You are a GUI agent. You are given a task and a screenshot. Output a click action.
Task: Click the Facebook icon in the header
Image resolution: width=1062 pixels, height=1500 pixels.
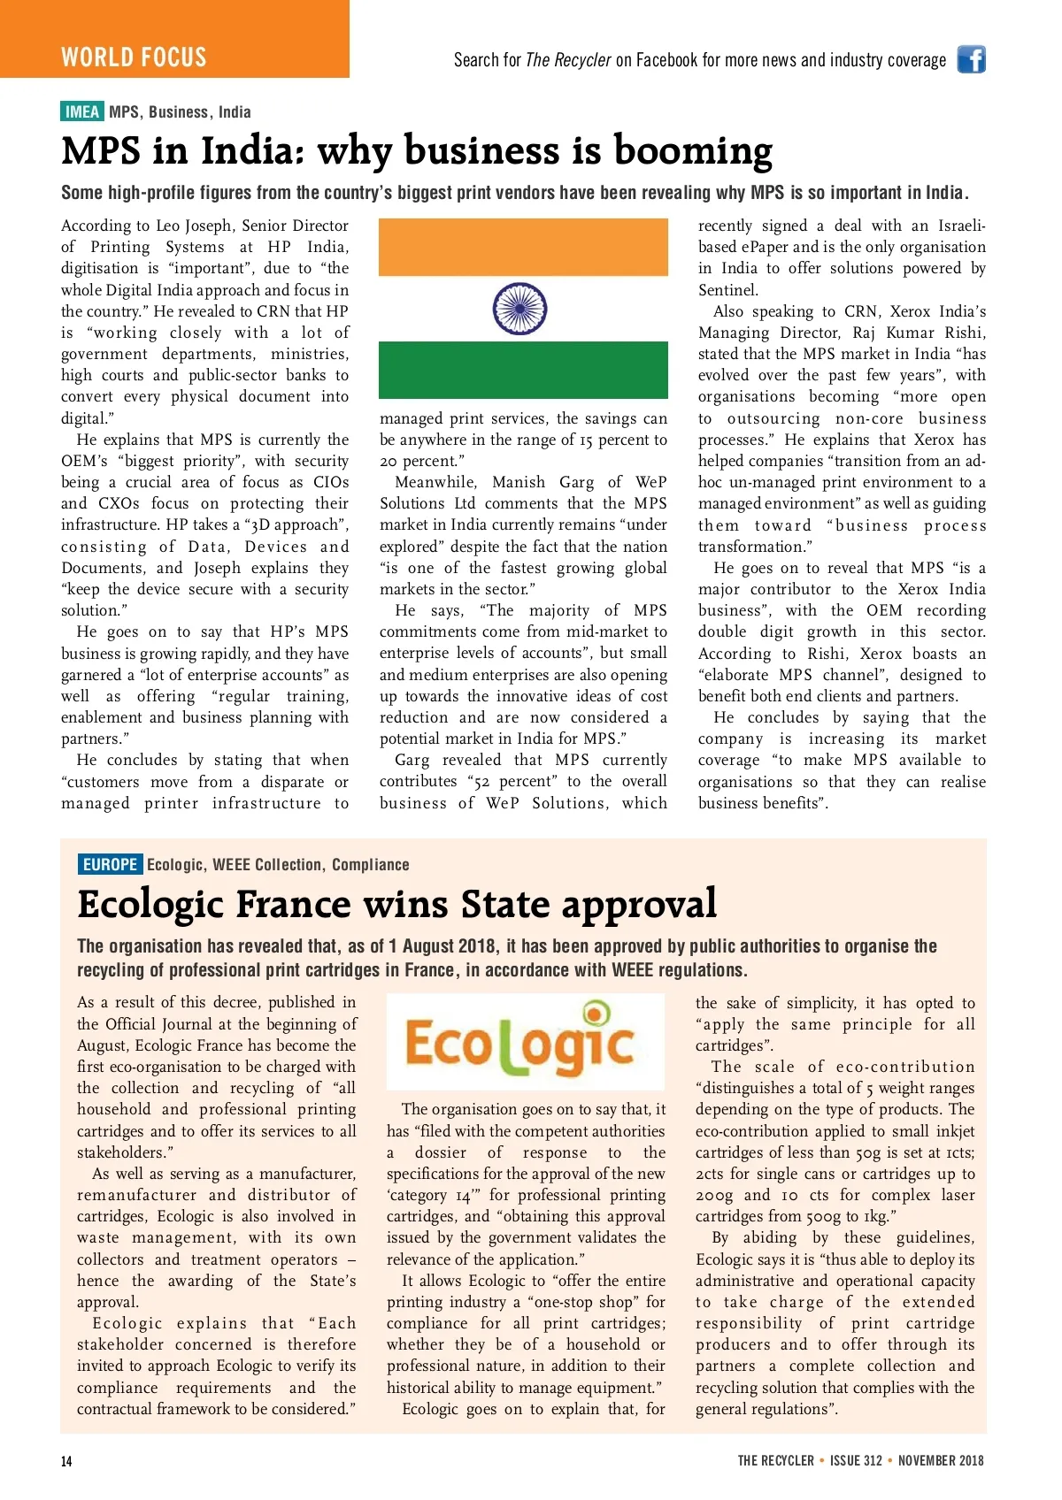(971, 59)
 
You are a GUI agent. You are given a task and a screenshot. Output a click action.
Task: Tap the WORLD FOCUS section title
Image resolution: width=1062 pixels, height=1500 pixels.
(134, 57)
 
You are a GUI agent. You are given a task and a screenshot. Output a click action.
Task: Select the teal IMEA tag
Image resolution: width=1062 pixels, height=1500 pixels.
(82, 111)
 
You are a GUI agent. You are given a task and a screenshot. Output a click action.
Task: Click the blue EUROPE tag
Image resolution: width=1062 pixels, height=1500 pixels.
(110, 864)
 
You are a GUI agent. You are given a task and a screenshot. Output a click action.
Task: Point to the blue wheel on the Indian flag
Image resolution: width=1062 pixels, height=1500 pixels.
(519, 309)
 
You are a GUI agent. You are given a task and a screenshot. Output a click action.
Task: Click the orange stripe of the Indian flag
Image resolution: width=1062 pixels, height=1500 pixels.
(523, 248)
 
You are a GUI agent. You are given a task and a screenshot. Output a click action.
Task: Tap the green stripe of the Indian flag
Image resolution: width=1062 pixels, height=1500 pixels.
(523, 370)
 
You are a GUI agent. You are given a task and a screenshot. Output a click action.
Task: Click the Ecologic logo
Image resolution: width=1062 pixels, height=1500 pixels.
(525, 1042)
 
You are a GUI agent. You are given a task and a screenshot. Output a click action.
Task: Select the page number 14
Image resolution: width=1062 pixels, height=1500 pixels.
(66, 1461)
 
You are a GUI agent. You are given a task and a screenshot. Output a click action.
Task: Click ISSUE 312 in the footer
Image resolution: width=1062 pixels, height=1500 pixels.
(856, 1460)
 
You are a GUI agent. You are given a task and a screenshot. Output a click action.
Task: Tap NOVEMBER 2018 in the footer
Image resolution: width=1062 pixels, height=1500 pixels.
(941, 1460)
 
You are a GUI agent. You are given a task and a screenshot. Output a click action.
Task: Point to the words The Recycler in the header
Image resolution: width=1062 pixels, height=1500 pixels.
(568, 60)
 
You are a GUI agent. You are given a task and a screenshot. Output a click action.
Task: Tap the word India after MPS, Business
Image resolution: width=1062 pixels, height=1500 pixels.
(235, 112)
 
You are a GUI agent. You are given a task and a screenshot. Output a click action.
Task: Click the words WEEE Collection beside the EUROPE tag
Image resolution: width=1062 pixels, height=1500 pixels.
(267, 864)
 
